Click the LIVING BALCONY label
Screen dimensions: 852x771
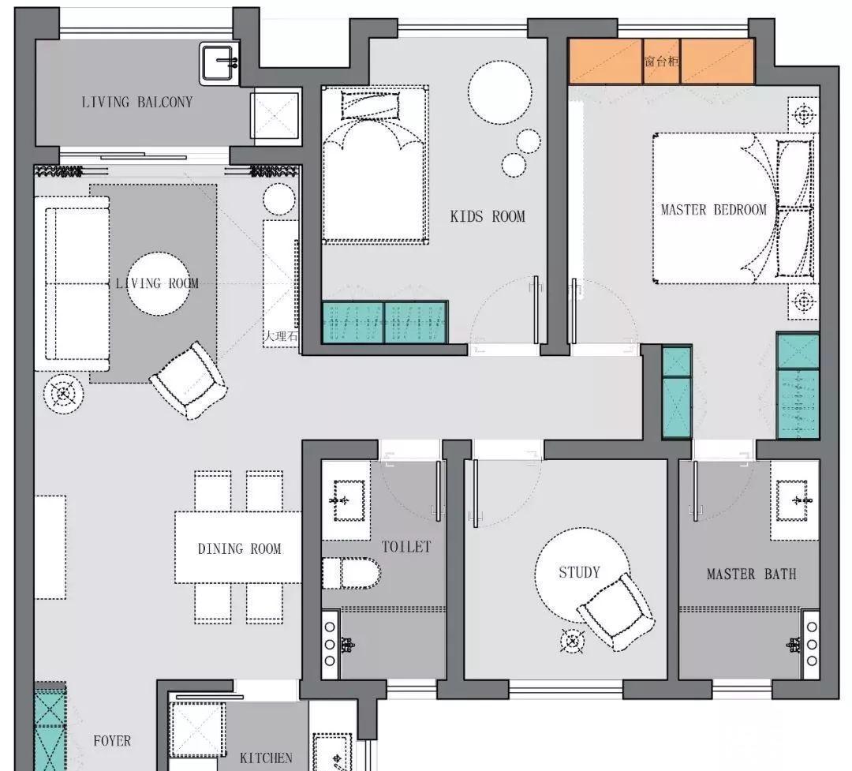137,103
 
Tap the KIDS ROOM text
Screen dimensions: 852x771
488,216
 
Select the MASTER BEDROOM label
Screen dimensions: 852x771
713,210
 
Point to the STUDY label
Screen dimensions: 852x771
579,572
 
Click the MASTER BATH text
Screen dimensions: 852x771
752,575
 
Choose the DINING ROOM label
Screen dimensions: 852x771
239,548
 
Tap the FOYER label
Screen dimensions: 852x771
112,740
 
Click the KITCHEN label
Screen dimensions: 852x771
266,758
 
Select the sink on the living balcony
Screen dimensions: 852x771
219,63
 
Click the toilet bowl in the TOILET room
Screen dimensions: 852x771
351,573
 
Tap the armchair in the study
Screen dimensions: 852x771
616,611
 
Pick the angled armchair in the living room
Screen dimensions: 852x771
189,380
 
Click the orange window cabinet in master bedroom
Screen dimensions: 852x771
661,61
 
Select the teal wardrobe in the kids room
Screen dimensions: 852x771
385,323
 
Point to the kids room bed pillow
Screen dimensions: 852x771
369,106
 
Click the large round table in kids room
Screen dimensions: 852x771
500,92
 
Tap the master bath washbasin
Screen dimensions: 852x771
795,500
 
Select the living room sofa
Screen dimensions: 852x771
73,283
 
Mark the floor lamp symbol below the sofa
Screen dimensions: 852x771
64,394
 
